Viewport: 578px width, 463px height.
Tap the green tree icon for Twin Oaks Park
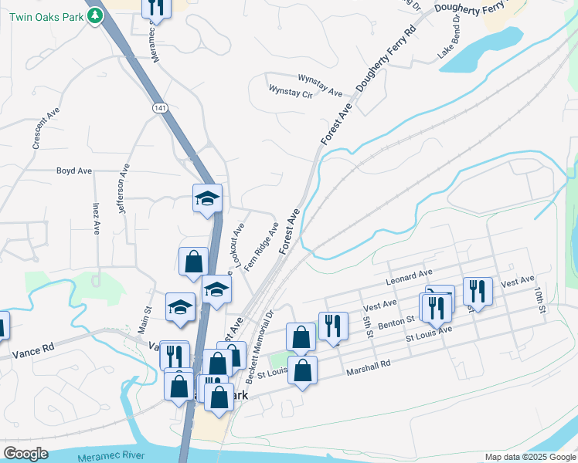(x=95, y=15)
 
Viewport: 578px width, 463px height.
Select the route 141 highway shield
(x=158, y=108)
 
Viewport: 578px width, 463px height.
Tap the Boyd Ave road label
(x=74, y=171)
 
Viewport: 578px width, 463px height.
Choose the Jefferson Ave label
(x=124, y=188)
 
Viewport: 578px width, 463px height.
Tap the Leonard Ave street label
(x=409, y=275)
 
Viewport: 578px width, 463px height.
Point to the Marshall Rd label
(x=370, y=363)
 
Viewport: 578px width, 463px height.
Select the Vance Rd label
(x=33, y=350)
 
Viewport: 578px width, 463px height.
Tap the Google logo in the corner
(x=25, y=454)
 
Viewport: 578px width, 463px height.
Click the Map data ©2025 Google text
(x=530, y=457)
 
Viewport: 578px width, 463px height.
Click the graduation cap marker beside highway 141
(x=207, y=198)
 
